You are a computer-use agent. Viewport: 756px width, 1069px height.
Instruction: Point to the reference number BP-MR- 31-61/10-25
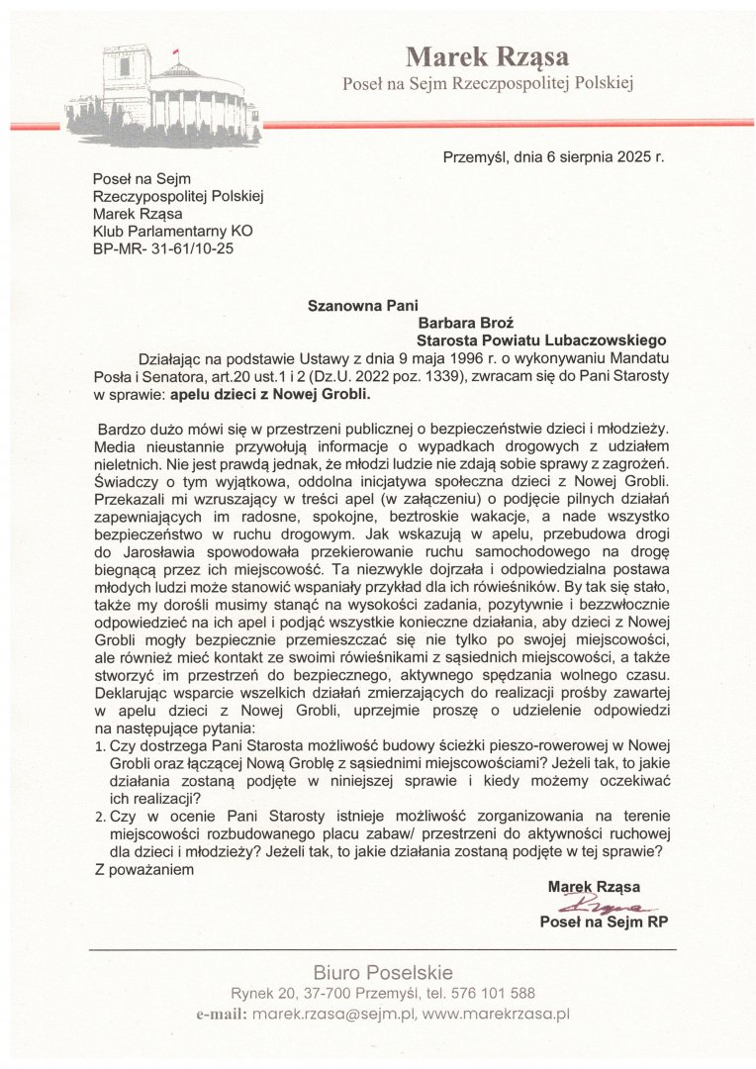click(162, 248)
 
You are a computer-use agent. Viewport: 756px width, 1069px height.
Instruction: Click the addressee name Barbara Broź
click(468, 322)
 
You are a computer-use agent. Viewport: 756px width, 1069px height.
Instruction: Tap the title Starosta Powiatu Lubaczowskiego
click(542, 339)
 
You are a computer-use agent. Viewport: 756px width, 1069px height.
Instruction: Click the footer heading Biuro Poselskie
click(383, 972)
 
